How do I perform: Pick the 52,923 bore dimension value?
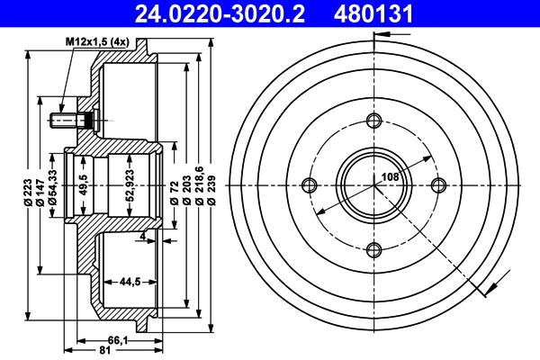(x=130, y=185)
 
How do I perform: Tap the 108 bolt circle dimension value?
(x=391, y=177)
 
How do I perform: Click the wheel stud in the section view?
(x=69, y=119)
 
